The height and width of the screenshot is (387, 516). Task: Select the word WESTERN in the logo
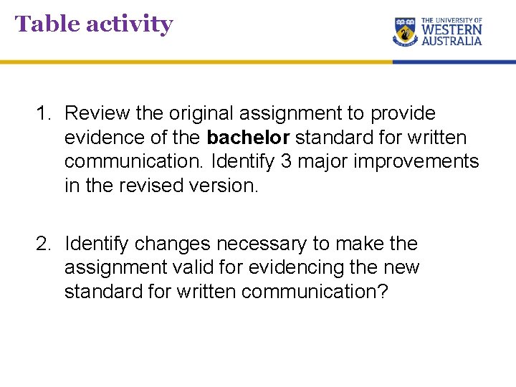pyautogui.click(x=451, y=31)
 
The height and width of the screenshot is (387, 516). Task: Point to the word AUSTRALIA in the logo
pyautogui.click(x=451, y=42)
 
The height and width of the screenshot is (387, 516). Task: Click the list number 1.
pyautogui.click(x=43, y=113)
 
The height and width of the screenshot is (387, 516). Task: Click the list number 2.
pyautogui.click(x=43, y=244)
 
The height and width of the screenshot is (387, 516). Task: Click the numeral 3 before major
pyautogui.click(x=286, y=161)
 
